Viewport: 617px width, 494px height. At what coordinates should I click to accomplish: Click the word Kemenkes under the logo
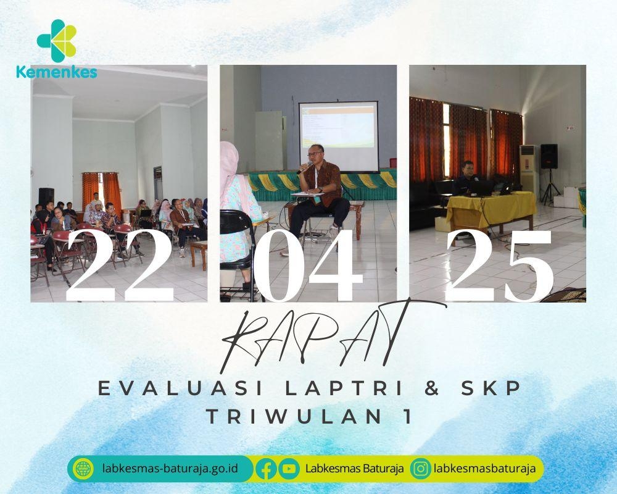coord(57,72)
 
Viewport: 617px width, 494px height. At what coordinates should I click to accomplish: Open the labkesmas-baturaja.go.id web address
coord(170,469)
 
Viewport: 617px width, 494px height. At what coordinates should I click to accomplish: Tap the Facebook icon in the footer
coord(266,469)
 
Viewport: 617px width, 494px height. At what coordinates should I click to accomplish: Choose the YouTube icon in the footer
coord(288,469)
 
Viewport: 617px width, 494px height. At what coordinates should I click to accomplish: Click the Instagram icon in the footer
coord(421,469)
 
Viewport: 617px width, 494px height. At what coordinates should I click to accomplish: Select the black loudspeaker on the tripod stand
coord(549,157)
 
